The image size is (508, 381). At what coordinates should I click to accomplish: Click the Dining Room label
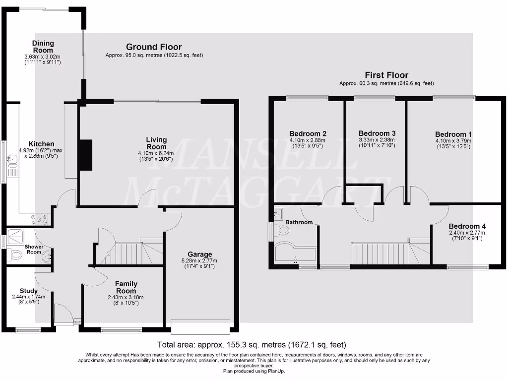[43, 47]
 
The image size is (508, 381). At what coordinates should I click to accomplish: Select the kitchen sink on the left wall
[11, 159]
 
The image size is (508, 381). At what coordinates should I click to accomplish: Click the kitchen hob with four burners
[40, 217]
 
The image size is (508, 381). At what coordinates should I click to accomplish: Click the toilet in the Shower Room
[15, 255]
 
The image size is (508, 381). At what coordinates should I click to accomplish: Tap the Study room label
[29, 291]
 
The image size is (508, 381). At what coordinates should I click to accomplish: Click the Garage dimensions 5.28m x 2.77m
[199, 261]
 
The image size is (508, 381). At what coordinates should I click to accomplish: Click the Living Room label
[156, 143]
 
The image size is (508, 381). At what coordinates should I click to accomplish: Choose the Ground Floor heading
[154, 47]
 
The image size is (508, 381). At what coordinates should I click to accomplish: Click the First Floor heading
[386, 75]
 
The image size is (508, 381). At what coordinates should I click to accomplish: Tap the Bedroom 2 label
[308, 133]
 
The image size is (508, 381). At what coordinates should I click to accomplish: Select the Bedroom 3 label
[377, 133]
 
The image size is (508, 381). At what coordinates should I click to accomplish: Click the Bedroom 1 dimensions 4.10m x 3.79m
[454, 140]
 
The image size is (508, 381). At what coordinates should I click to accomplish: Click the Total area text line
[252, 344]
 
